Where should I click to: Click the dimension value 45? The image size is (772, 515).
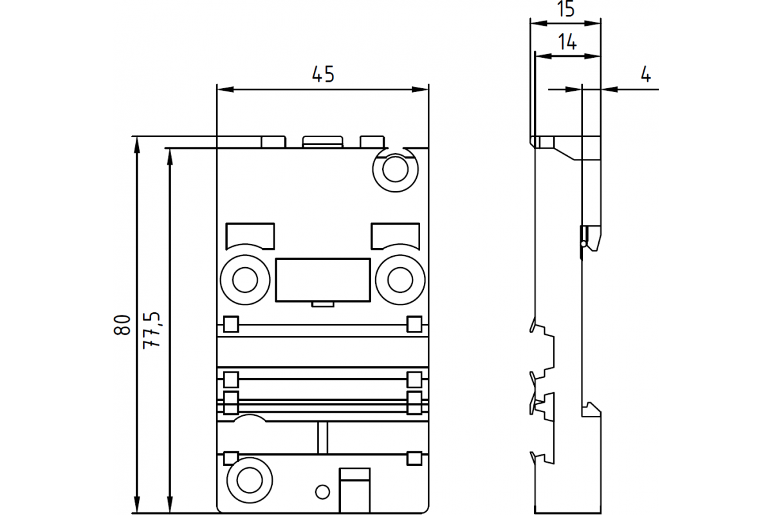[x=323, y=74]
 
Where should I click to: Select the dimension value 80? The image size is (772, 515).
[x=122, y=324]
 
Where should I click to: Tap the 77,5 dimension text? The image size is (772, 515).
[x=152, y=330]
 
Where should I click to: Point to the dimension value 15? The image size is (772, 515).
[x=565, y=9]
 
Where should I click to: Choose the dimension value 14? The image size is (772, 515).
[x=567, y=42]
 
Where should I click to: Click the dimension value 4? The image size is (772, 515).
[x=645, y=74]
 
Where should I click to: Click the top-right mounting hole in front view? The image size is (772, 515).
[x=395, y=169]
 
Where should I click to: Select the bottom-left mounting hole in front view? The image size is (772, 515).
[x=250, y=480]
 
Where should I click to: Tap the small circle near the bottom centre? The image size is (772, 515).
[x=322, y=492]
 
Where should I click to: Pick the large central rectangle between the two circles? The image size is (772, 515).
[x=323, y=280]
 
